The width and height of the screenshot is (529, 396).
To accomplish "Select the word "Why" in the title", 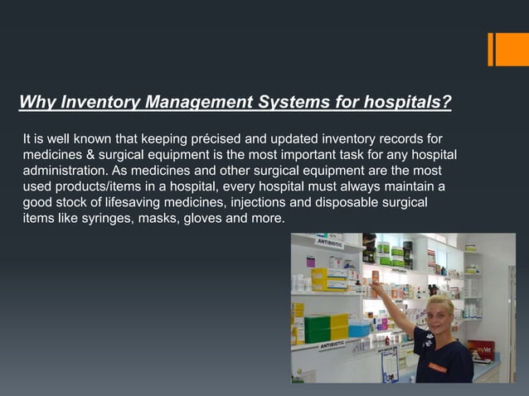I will tap(35, 103).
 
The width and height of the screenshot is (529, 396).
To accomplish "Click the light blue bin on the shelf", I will tap(358, 329).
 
